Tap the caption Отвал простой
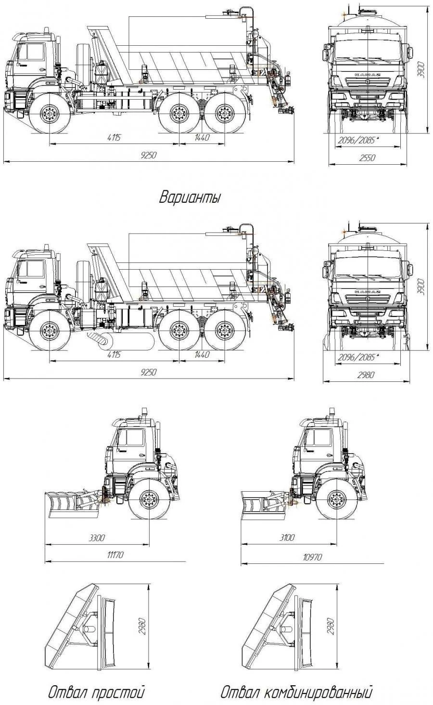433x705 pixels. coord(97,692)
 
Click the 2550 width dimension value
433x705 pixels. coord(367,157)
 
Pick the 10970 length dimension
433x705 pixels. coord(312,557)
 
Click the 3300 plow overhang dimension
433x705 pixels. coord(97,537)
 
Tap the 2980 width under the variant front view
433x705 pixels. coord(366,375)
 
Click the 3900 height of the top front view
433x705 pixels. coord(421,70)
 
